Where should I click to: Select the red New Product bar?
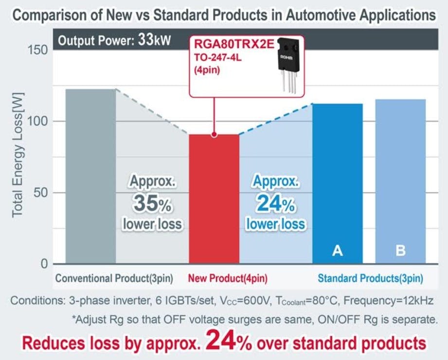(214, 199)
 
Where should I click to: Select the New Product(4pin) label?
(227, 279)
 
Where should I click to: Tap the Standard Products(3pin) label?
(370, 279)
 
